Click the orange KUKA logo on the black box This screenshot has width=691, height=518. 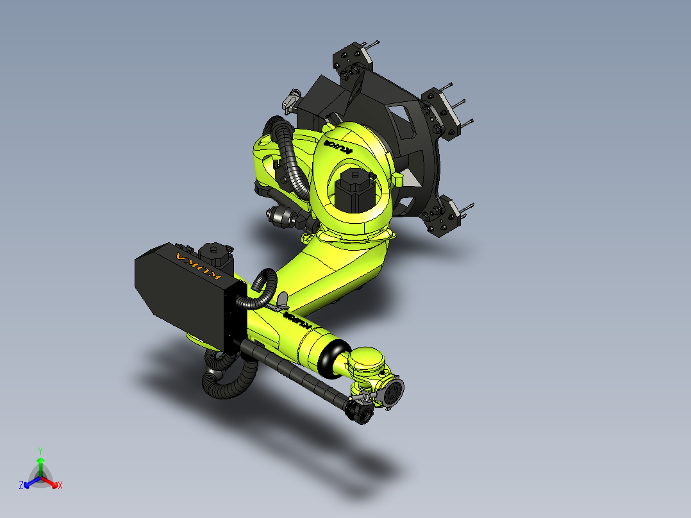(198, 266)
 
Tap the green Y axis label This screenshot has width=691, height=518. (40, 451)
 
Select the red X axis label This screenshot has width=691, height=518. (60, 486)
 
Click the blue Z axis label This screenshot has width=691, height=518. (21, 486)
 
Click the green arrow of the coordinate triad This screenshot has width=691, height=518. (40, 464)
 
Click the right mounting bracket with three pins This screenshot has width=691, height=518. (444, 110)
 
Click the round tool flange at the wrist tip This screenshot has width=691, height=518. (393, 392)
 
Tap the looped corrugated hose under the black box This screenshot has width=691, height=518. (224, 378)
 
